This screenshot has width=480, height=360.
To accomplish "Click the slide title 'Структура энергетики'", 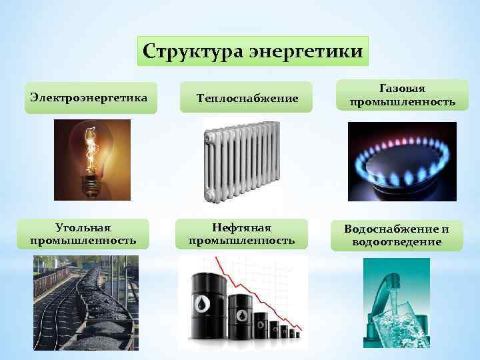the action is (x=253, y=51).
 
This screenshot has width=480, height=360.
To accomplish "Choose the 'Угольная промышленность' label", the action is (x=83, y=234).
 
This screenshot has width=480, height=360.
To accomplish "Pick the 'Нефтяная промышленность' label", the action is (x=241, y=234).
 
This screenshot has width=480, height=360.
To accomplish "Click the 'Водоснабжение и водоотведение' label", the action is (x=397, y=235).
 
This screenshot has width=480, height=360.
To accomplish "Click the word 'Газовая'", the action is (x=402, y=88).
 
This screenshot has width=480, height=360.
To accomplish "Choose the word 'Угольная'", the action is (x=83, y=228).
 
